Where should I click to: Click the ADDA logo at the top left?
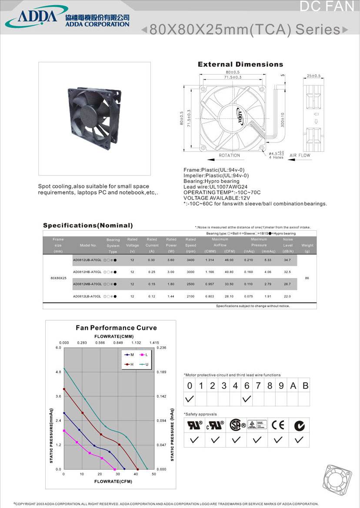(x=37, y=17)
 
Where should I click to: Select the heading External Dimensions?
(x=240, y=64)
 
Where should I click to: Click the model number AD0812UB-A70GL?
(x=87, y=260)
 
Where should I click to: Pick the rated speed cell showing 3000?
(x=190, y=272)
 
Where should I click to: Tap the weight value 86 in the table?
(x=307, y=278)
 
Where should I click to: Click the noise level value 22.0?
(x=287, y=296)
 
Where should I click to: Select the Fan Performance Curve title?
(x=116, y=328)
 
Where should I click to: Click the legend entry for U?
(x=144, y=364)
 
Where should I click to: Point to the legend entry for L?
(x=144, y=355)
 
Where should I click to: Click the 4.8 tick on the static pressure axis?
(x=58, y=372)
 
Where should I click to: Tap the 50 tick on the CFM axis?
(x=154, y=474)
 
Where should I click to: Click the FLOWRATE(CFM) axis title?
(x=113, y=481)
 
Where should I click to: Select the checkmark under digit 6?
(x=247, y=398)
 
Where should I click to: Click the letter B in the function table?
(x=305, y=386)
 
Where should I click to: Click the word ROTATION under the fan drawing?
(x=229, y=155)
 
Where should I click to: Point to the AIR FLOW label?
(x=300, y=155)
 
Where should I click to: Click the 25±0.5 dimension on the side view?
(x=313, y=76)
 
